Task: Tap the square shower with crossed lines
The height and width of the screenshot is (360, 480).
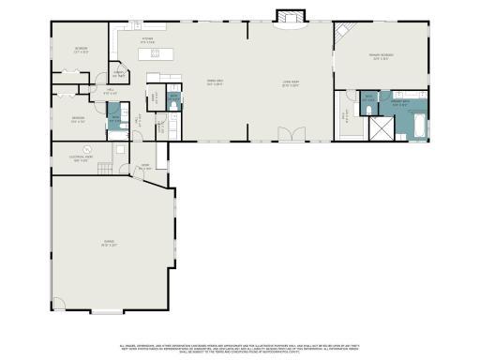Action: point(382,128)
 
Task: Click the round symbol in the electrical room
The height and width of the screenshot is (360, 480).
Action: point(87,150)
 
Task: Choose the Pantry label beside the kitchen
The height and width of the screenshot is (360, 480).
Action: point(120,75)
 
